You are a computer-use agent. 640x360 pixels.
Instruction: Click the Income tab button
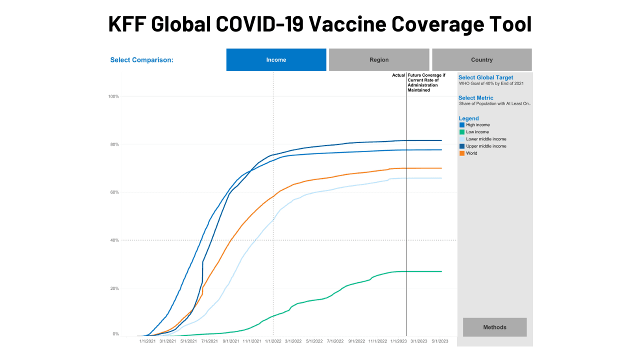276,59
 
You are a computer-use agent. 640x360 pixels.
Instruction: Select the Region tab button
379,59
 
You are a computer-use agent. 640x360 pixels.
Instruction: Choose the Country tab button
481,59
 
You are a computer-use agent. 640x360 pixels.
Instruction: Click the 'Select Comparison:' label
141,60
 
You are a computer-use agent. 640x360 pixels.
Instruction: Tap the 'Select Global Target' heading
485,77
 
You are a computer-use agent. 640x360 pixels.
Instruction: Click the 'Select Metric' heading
475,98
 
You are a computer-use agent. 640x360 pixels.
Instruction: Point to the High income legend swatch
462,125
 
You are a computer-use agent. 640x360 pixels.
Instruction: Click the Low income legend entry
477,132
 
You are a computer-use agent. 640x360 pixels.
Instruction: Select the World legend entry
471,153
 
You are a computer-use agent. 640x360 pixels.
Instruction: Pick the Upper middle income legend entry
485,146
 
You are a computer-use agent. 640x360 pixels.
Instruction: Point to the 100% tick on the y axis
113,96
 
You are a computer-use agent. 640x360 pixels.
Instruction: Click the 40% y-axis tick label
114,240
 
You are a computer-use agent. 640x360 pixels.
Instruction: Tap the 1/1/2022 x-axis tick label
272,341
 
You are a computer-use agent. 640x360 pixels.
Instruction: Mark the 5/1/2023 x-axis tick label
440,341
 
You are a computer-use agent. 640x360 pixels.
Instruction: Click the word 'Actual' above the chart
398,75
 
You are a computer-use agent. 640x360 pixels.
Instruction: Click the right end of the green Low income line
441,271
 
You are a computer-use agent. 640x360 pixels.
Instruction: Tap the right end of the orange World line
441,168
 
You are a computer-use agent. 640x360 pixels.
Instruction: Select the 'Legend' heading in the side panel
468,118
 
